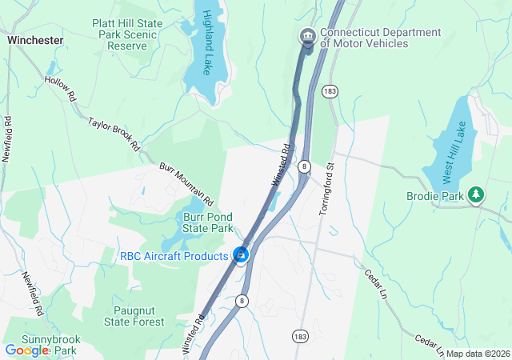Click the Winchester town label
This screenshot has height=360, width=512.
pyautogui.click(x=34, y=39)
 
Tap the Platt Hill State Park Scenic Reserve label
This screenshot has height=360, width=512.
pyautogui.click(x=127, y=35)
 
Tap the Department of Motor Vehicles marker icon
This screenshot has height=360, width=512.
pyautogui.click(x=306, y=37)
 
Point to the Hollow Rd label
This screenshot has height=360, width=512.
pyautogui.click(x=61, y=87)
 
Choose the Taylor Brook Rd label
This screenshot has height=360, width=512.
pyautogui.click(x=114, y=134)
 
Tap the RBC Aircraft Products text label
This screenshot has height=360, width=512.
pyautogui.click(x=174, y=256)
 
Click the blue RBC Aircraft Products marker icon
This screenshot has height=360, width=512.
pyautogui.click(x=240, y=255)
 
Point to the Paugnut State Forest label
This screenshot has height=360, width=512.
pyautogui.click(x=134, y=316)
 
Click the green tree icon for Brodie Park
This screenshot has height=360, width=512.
pyautogui.click(x=477, y=194)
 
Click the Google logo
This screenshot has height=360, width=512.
pyautogui.click(x=26, y=350)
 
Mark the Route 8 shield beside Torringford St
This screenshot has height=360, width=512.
pyautogui.click(x=305, y=166)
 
